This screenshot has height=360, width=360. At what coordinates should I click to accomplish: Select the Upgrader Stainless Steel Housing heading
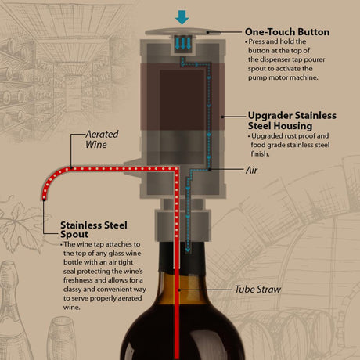292,120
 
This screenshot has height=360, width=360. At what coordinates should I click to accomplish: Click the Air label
252,169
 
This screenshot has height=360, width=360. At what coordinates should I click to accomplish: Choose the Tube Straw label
257,290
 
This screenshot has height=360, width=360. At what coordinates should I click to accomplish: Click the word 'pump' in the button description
262,78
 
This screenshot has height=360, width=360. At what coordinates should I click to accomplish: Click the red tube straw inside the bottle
178,313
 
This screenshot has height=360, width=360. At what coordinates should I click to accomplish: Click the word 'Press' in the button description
257,41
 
